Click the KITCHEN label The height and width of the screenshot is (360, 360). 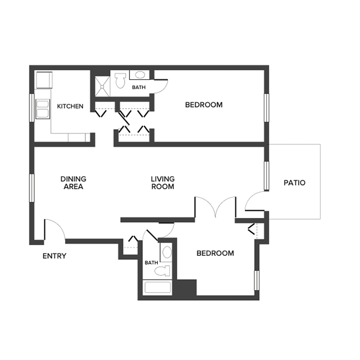(70, 106)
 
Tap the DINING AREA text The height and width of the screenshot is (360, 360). (73, 183)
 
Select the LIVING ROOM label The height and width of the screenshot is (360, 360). (163, 183)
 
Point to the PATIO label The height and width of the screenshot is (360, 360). (294, 183)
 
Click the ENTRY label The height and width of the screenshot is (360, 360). (54, 256)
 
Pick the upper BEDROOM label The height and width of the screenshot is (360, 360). (204, 105)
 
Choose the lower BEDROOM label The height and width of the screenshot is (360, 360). (215, 253)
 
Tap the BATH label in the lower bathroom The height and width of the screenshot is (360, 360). (151, 263)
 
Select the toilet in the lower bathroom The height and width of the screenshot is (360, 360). (163, 271)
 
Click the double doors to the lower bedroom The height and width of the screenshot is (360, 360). (217, 208)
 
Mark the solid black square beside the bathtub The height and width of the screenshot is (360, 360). (187, 287)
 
